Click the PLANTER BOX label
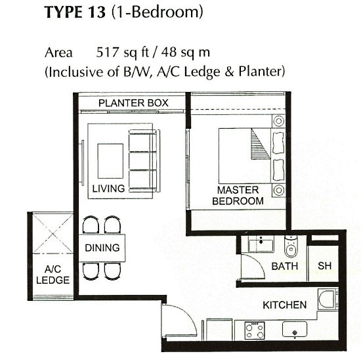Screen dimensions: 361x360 click(x=133, y=102)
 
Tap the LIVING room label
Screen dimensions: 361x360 click(x=108, y=189)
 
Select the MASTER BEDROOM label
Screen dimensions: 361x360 click(x=238, y=196)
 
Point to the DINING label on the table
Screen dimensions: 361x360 click(x=102, y=248)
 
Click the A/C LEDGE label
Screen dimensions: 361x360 click(x=53, y=275)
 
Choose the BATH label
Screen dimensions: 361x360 click(x=285, y=266)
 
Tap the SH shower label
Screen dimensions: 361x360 click(x=325, y=266)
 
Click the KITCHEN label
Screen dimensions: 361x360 click(x=285, y=305)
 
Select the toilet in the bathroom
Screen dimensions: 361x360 click(x=291, y=246)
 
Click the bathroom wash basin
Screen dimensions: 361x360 click(x=261, y=244)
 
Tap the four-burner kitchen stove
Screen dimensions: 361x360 click(x=255, y=330)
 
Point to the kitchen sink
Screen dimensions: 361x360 click(x=295, y=329)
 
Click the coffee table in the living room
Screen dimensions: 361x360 click(x=110, y=161)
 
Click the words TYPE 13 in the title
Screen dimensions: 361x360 click(x=75, y=12)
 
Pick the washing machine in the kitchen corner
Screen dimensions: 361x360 click(x=328, y=299)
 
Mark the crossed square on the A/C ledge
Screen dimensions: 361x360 click(x=53, y=233)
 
